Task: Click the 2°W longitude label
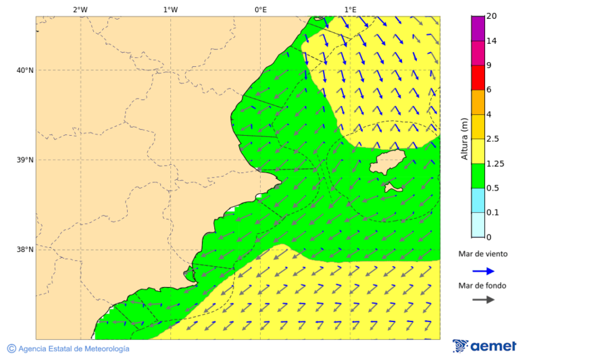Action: click(80, 9)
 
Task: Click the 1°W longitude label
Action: click(170, 9)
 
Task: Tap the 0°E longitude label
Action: click(260, 9)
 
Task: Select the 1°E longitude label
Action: click(350, 9)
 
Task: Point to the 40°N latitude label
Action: click(24, 70)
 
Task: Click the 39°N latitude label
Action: click(24, 160)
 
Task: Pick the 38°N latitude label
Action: click(24, 250)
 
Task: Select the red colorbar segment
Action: click(478, 77)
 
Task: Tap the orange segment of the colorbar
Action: click(478, 102)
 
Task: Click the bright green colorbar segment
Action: click(478, 176)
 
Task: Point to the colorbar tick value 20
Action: click(492, 16)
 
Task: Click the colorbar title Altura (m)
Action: click(464, 138)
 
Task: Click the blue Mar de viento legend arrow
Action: click(483, 271)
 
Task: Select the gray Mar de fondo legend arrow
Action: click(483, 300)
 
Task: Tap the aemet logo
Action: click(484, 346)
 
